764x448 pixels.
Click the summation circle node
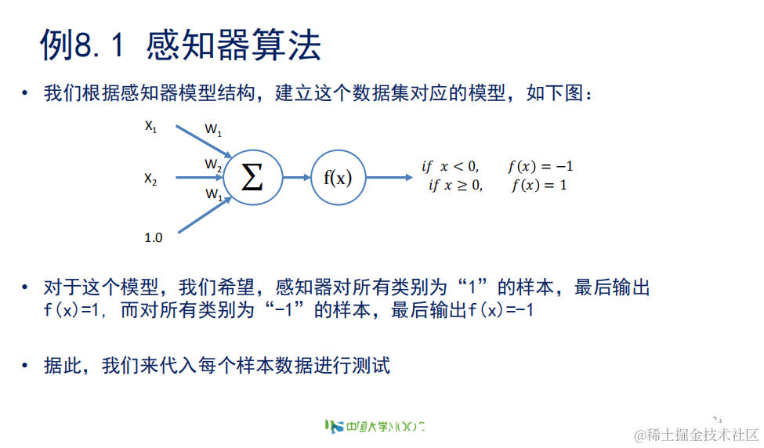[x=252, y=178]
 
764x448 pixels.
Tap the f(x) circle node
[x=338, y=178]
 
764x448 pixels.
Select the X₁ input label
[x=150, y=126]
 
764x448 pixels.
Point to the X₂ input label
[x=150, y=179]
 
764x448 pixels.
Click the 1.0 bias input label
[x=154, y=237]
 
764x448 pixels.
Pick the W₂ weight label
[x=213, y=164]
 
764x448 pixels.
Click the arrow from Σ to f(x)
[x=295, y=178]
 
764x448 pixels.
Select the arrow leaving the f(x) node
[x=389, y=178]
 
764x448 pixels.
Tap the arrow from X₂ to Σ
[x=199, y=179]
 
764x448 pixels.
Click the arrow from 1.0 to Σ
[x=204, y=215]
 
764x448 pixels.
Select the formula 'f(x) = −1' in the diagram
[x=541, y=166]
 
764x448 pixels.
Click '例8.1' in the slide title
[x=82, y=47]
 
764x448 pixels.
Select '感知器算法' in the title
[x=234, y=47]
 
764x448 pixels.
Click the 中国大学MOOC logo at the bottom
[x=375, y=427]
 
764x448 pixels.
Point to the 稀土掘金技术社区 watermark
[x=697, y=434]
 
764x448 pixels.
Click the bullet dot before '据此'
[x=27, y=366]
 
